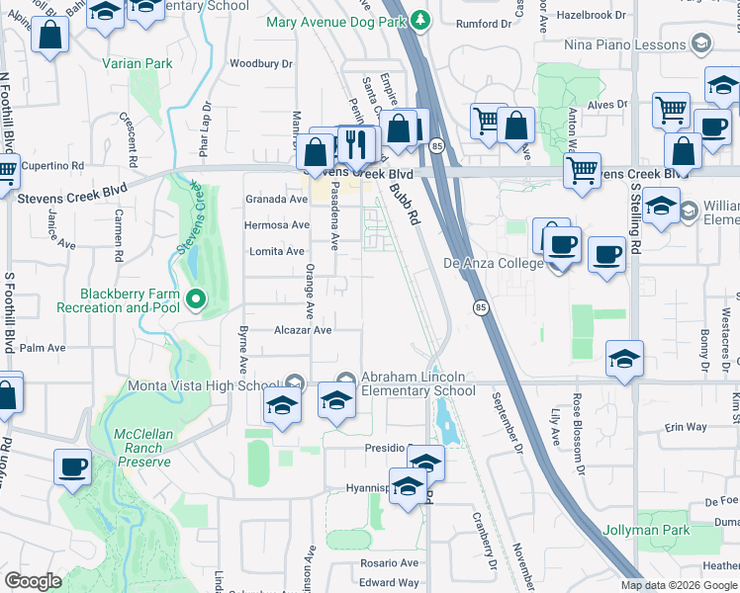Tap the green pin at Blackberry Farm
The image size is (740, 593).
[196, 298]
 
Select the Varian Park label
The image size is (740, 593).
[137, 63]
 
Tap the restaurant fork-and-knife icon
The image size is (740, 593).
[357, 145]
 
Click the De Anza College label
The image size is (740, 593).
[493, 263]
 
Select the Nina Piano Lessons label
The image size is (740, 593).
[624, 44]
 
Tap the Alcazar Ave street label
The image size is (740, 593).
[303, 330]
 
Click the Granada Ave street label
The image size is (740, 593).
[277, 199]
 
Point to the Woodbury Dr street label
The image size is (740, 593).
[261, 63]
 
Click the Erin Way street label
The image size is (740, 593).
[686, 427]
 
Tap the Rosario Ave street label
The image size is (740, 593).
[391, 562]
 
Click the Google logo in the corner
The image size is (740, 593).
[34, 581]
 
